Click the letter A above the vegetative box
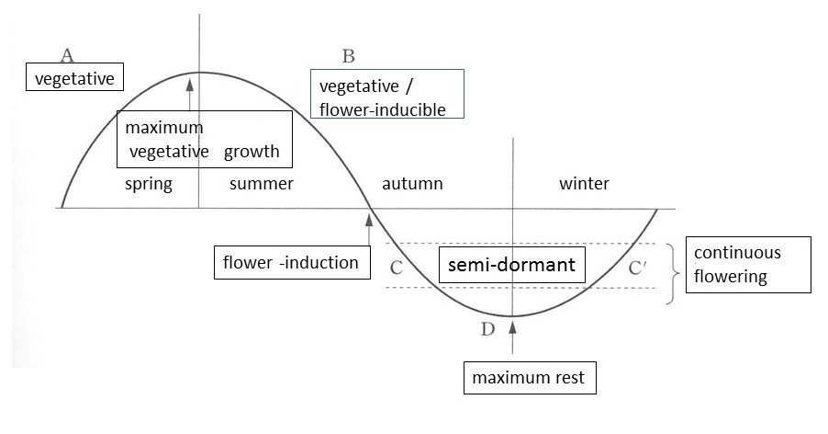pyautogui.click(x=66, y=53)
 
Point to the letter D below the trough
pyautogui.click(x=487, y=329)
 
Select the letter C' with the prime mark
pyautogui.click(x=640, y=268)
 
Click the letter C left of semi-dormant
pyautogui.click(x=397, y=268)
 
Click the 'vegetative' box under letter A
pyautogui.click(x=73, y=78)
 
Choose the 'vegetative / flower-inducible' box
pyautogui.click(x=386, y=95)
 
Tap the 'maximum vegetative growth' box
pyautogui.click(x=205, y=139)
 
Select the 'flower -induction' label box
pyautogui.click(x=291, y=262)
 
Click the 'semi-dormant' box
pyautogui.click(x=512, y=265)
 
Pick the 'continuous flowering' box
pyautogui.click(x=750, y=265)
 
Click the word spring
pyautogui.click(x=149, y=184)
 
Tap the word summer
pyautogui.click(x=262, y=184)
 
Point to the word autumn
pyautogui.click(x=412, y=184)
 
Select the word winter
pyautogui.click(x=584, y=184)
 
